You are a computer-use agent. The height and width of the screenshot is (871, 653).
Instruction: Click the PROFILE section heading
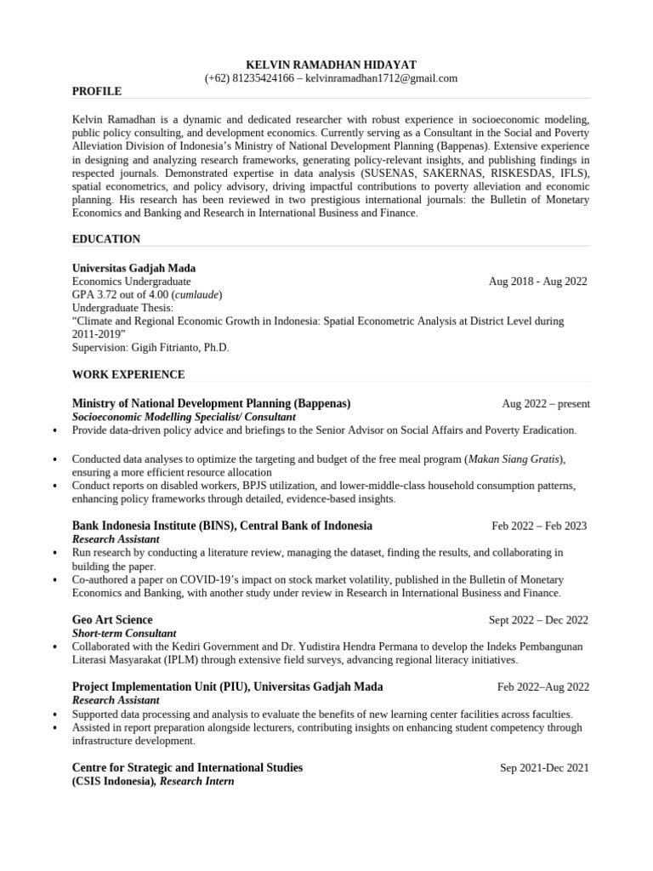(97, 91)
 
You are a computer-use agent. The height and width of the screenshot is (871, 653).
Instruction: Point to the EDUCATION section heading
(106, 239)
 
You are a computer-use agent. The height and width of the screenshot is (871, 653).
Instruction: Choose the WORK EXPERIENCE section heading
(128, 374)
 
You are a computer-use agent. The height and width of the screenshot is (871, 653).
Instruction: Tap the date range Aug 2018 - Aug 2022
(537, 282)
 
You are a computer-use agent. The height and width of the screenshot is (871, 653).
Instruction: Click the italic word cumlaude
(197, 294)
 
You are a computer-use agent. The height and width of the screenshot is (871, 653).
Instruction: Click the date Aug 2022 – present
(546, 404)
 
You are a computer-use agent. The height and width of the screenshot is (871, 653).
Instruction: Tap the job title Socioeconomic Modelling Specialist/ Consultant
(184, 418)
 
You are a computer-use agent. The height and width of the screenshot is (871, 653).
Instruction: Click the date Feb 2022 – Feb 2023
(539, 526)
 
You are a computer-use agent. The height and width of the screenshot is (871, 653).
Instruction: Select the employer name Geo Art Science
(112, 620)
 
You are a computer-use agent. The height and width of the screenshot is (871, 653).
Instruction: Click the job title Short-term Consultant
(124, 634)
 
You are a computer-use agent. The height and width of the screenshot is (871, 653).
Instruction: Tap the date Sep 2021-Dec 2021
(544, 768)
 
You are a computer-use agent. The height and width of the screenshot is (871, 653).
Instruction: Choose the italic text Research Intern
(197, 782)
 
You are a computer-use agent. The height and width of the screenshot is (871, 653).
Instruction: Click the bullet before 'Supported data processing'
(55, 714)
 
